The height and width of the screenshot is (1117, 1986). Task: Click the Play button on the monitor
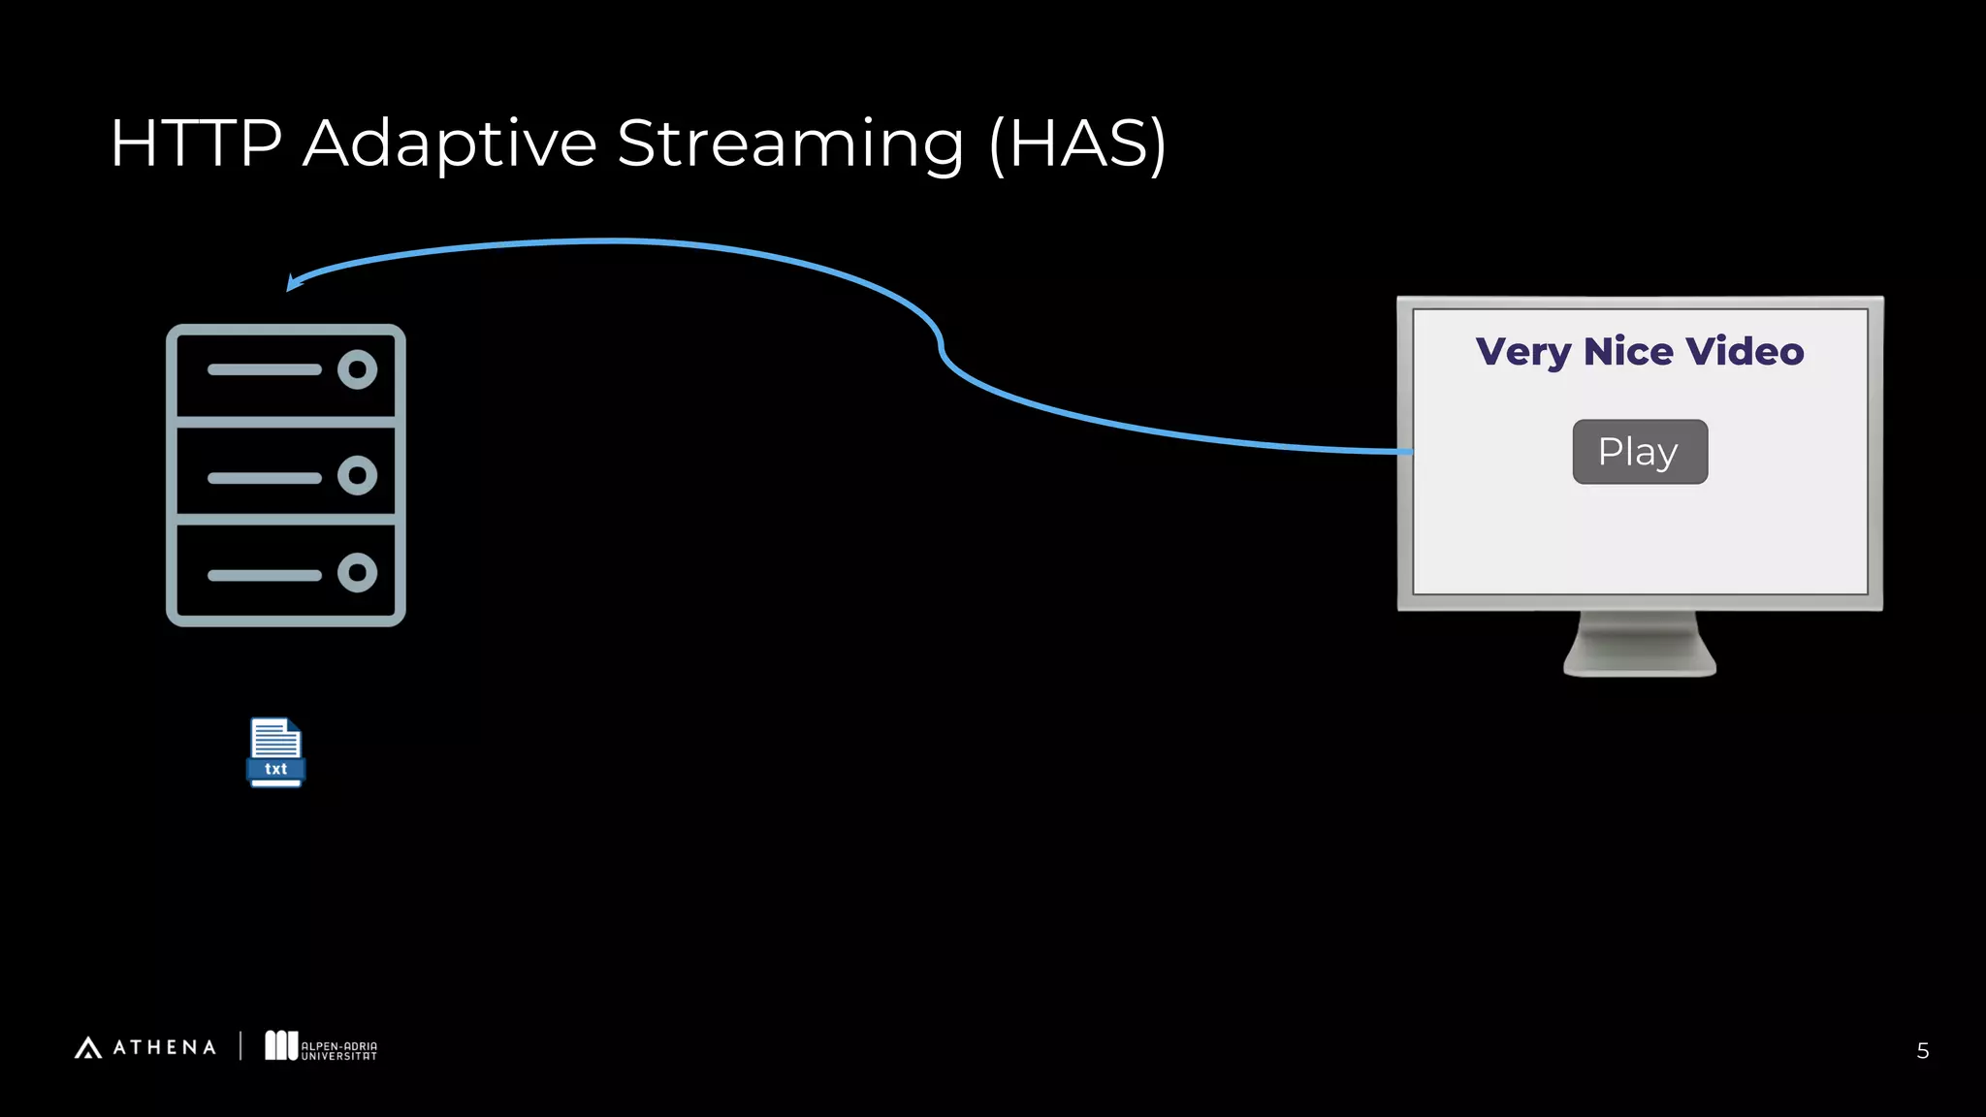(1640, 452)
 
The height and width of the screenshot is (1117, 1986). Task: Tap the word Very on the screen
(1522, 352)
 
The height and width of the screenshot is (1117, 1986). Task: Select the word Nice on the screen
(1628, 351)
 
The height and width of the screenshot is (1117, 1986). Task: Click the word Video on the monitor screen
(1745, 351)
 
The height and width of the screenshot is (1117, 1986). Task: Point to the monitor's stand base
(1640, 663)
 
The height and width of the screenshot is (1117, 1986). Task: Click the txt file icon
(276, 752)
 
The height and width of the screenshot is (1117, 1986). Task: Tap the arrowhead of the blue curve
(293, 282)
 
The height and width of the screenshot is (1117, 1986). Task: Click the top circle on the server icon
(357, 369)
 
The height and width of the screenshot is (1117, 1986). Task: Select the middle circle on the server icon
(357, 475)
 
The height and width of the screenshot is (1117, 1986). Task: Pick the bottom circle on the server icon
(357, 573)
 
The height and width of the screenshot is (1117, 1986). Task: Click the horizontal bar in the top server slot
(264, 369)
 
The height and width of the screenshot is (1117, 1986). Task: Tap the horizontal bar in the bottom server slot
(264, 575)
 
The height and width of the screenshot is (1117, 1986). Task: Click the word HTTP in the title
(196, 144)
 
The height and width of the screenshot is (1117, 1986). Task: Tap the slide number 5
(1922, 1051)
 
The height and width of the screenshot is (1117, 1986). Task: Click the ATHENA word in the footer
(165, 1048)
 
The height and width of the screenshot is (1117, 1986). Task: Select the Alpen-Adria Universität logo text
(338, 1051)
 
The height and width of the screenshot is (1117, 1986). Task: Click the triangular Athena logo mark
(88, 1048)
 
